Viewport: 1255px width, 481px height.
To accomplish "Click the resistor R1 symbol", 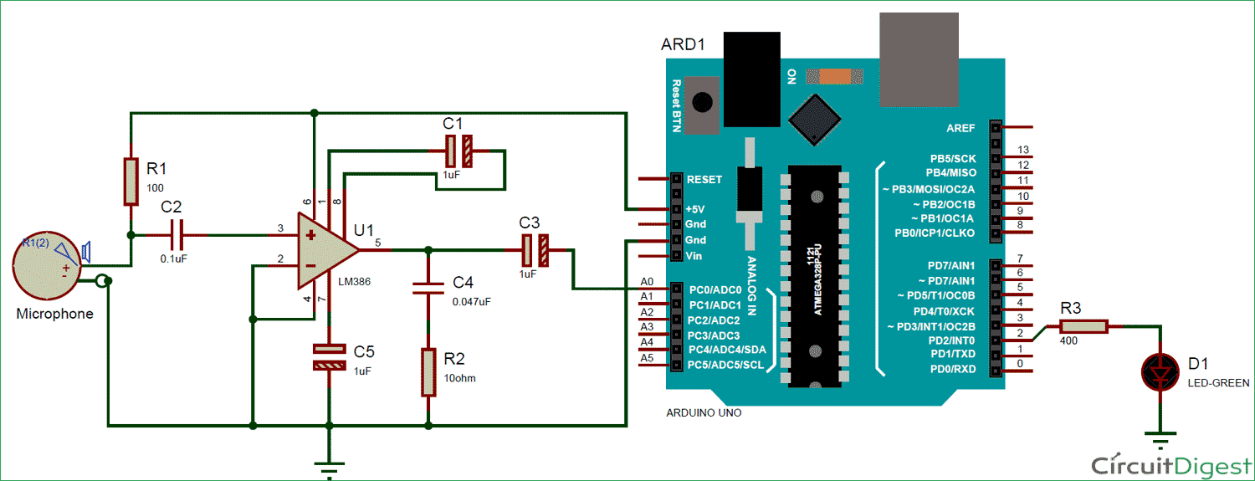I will pyautogui.click(x=131, y=181).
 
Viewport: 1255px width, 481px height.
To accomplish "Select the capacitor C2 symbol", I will pyautogui.click(x=174, y=235).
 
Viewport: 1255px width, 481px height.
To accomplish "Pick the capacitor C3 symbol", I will pyautogui.click(x=535, y=249).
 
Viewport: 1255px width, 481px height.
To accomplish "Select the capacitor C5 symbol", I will pyautogui.click(x=328, y=357).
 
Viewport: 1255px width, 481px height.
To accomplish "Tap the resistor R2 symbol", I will pyautogui.click(x=428, y=372).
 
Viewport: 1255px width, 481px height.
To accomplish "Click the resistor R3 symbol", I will pyautogui.click(x=1085, y=327).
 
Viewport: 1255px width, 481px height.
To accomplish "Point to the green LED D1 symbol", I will pyautogui.click(x=1158, y=371).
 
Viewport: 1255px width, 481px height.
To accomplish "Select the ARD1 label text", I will pyautogui.click(x=683, y=44).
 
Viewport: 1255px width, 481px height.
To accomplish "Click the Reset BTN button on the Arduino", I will pyautogui.click(x=702, y=105).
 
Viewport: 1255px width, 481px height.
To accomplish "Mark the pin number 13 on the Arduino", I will pyautogui.click(x=1022, y=151).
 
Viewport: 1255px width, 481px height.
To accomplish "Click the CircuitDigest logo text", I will pyautogui.click(x=1171, y=464).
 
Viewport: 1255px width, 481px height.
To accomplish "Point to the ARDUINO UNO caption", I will pyautogui.click(x=704, y=412).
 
